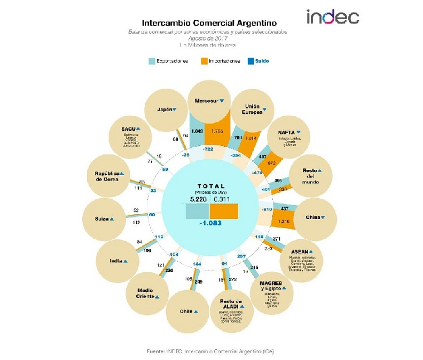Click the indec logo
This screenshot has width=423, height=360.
332,17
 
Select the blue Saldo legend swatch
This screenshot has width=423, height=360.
251,61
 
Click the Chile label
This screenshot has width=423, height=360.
186,311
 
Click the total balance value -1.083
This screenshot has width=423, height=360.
211,222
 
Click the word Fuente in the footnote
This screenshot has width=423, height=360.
155,351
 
